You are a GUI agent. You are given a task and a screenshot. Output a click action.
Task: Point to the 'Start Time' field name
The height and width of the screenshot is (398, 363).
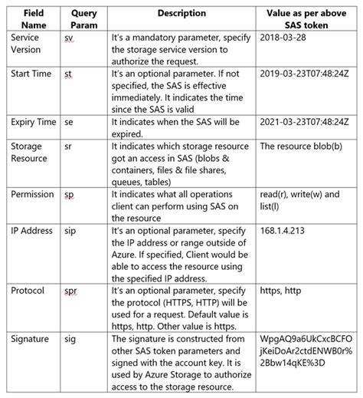[32, 73]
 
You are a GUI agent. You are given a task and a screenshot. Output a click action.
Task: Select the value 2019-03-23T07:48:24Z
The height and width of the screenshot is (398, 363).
[305, 73]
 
